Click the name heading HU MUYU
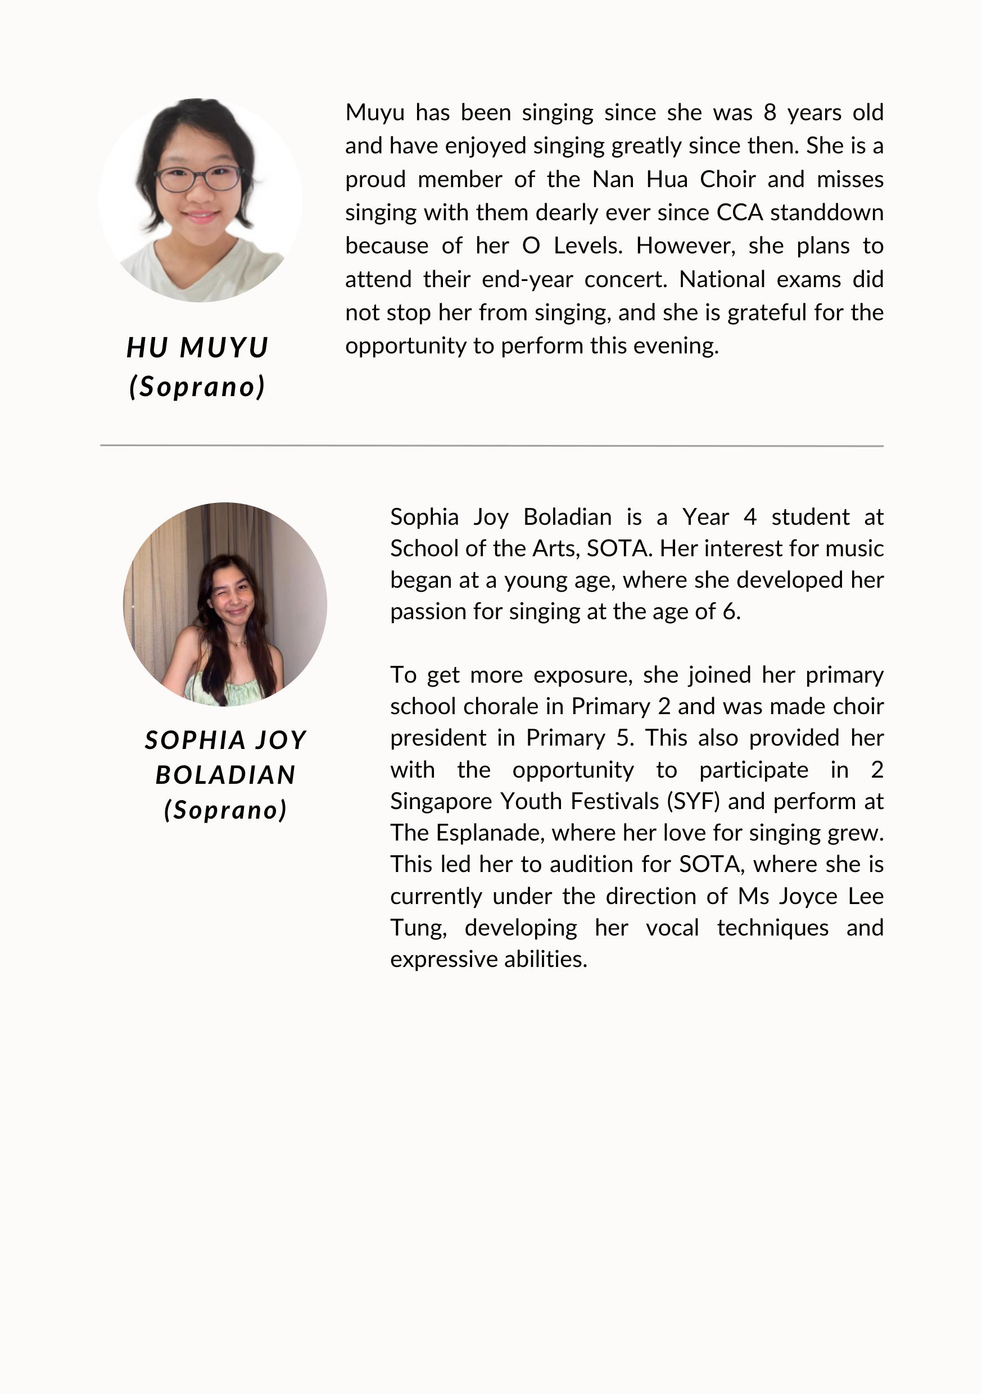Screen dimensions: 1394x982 click(x=197, y=348)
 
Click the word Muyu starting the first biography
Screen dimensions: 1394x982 click(x=375, y=113)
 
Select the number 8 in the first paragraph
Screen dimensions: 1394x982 click(x=770, y=113)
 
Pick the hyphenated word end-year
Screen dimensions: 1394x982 click(x=527, y=280)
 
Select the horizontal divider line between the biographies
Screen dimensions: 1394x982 click(x=491, y=446)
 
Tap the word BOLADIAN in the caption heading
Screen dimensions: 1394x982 click(x=225, y=775)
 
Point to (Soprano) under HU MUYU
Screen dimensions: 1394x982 click(x=197, y=387)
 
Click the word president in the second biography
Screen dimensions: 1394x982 click(x=438, y=738)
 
